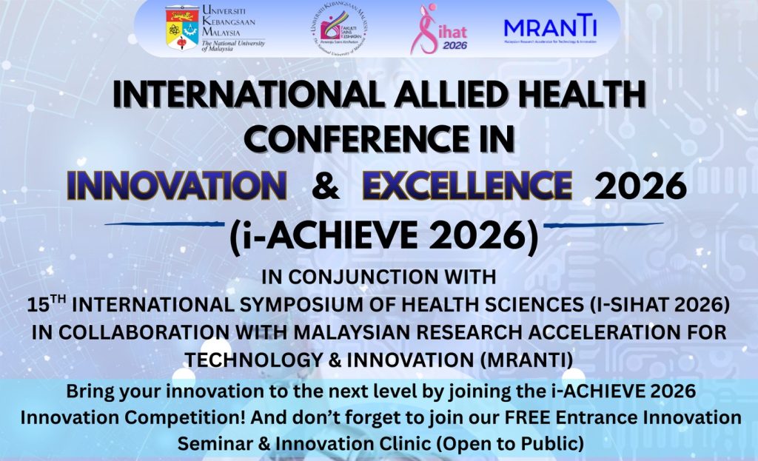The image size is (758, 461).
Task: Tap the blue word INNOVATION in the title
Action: coord(177,186)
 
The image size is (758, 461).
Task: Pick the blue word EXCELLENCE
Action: coord(467,186)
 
